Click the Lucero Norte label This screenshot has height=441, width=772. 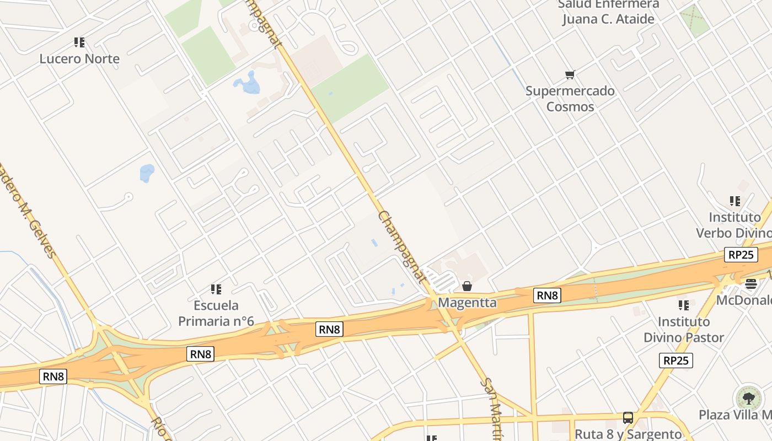79,59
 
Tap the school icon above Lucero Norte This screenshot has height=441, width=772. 79,42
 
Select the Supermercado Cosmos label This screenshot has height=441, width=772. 570,99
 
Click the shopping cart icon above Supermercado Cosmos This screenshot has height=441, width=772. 570,74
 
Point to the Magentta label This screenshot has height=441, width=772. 467,303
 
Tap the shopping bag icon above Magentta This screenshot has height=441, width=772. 467,286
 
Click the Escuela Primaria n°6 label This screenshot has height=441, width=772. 216,313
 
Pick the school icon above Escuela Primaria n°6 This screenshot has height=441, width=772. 216,289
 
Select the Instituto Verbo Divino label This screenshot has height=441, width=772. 734,225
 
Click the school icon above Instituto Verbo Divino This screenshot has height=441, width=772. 735,201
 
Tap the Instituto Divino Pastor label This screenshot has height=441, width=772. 684,329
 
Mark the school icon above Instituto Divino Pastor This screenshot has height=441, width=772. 684,305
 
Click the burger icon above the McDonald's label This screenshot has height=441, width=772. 751,284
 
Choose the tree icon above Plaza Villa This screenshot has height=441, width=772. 748,398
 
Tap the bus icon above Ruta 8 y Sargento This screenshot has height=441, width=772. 628,418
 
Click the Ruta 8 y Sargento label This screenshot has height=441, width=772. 628,434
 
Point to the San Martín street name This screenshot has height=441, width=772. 491,407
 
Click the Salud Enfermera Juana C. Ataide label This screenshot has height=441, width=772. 608,12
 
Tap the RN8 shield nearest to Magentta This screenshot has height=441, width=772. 548,295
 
